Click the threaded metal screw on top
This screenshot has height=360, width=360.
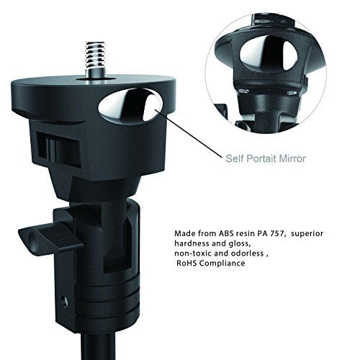click(95, 59)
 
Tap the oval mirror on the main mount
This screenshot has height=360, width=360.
click(130, 105)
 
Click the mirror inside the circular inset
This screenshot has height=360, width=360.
click(269, 54)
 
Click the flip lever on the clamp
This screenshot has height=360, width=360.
click(50, 235)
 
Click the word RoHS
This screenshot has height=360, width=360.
click(186, 264)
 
